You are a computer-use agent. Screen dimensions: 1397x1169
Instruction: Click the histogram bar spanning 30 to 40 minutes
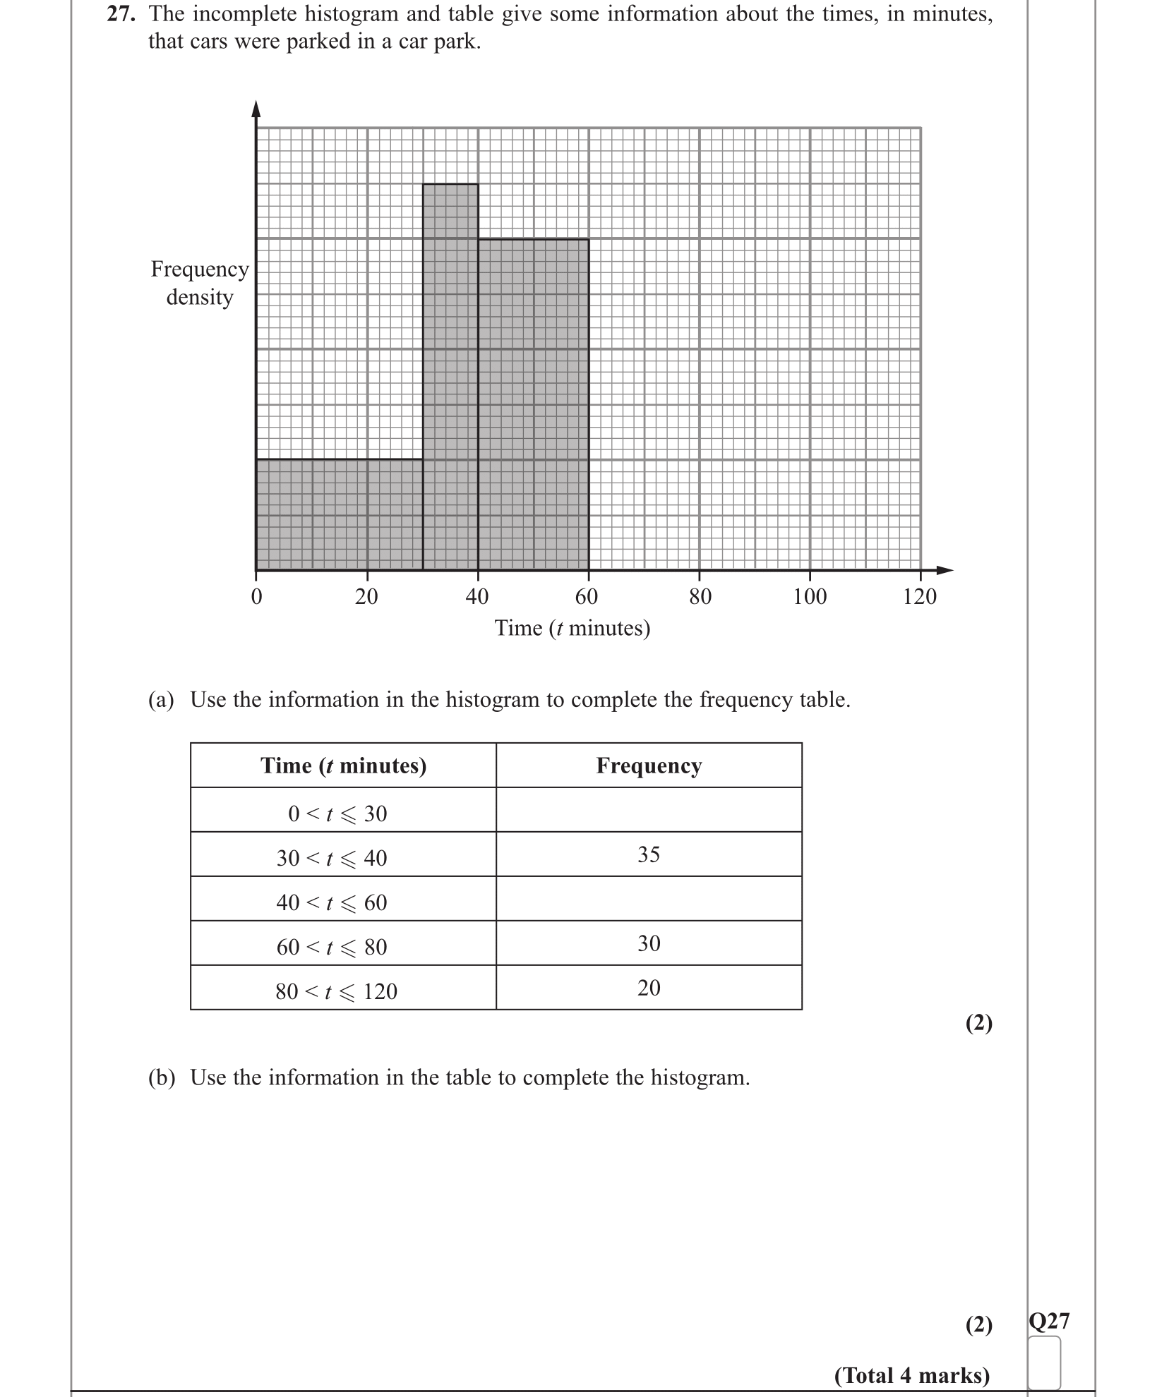click(x=450, y=377)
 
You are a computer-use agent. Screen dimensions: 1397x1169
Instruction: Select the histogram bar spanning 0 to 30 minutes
click(x=339, y=514)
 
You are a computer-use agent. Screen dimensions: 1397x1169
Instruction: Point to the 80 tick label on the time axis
click(x=700, y=597)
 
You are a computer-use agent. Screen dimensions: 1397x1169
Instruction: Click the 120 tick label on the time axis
click(x=919, y=597)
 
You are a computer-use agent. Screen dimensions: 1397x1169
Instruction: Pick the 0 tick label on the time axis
click(x=256, y=597)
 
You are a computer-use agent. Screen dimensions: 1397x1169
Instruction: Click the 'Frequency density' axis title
click(x=200, y=283)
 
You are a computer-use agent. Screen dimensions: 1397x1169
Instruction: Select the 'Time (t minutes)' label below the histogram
click(x=572, y=628)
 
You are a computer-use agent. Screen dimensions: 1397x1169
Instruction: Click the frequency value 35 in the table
click(x=648, y=854)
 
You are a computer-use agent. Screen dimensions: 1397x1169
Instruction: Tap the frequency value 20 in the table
click(x=648, y=988)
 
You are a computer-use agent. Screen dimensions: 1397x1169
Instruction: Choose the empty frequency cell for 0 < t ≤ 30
click(x=648, y=810)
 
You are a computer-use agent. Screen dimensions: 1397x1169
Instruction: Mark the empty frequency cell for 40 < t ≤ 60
click(x=648, y=899)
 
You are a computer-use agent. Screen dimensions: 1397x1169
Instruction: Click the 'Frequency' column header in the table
click(x=648, y=766)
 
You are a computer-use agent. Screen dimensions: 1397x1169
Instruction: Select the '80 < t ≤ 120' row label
click(x=336, y=991)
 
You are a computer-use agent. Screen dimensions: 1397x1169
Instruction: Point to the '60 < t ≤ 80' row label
click(x=332, y=947)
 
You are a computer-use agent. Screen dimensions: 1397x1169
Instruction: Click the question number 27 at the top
click(x=121, y=14)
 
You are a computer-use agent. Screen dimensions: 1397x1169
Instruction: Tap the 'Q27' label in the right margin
click(x=1049, y=1320)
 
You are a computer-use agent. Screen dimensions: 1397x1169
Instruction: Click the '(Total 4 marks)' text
click(x=911, y=1375)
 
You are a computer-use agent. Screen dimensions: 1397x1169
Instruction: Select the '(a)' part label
click(x=161, y=699)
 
